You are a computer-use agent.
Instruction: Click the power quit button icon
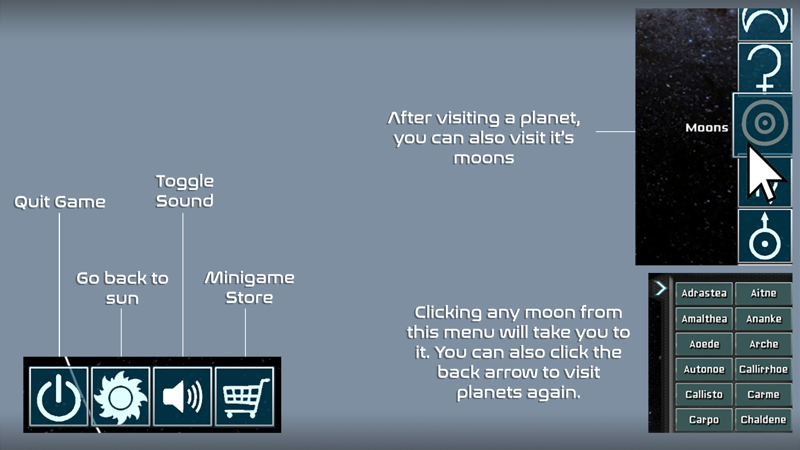(59, 396)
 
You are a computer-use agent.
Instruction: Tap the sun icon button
(120, 396)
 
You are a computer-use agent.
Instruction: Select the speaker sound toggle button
(182, 396)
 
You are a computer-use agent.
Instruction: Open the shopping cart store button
(244, 396)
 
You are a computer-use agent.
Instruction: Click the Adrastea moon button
(704, 293)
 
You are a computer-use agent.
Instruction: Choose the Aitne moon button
(763, 293)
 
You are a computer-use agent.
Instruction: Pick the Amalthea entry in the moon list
(704, 319)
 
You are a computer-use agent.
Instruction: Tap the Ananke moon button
(763, 319)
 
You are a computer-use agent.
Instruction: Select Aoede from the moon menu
(704, 344)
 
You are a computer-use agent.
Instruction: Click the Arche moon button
(763, 344)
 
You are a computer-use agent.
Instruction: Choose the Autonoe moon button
(704, 369)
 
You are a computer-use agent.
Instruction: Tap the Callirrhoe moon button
(763, 369)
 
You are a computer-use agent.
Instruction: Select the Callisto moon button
(704, 394)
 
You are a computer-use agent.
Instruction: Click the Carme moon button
(763, 394)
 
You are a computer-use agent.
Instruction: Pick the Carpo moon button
(704, 420)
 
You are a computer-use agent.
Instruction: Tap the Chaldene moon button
(763, 420)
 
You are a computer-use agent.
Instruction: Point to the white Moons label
(707, 127)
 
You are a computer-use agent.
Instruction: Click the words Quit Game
(60, 202)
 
